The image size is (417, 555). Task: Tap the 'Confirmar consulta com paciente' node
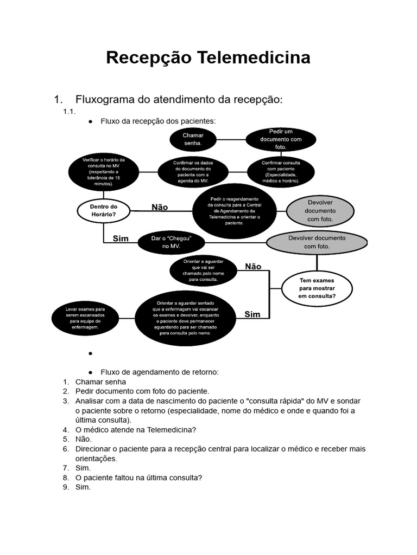(x=281, y=171)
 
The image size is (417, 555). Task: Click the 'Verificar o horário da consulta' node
(x=103, y=172)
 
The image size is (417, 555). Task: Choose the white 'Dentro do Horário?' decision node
(x=103, y=210)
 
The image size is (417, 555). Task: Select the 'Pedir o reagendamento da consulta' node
(x=234, y=211)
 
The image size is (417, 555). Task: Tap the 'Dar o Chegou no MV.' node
(x=171, y=242)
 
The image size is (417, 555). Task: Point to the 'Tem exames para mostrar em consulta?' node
(x=317, y=288)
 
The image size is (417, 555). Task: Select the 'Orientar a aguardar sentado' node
(x=185, y=318)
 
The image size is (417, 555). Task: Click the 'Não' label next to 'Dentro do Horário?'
(x=160, y=207)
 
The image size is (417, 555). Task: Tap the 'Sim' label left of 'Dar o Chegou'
(x=121, y=238)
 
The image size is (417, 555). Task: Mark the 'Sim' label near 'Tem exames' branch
(x=252, y=314)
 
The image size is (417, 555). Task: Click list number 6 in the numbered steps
(x=66, y=449)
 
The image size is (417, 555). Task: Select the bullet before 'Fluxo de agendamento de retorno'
(x=90, y=372)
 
